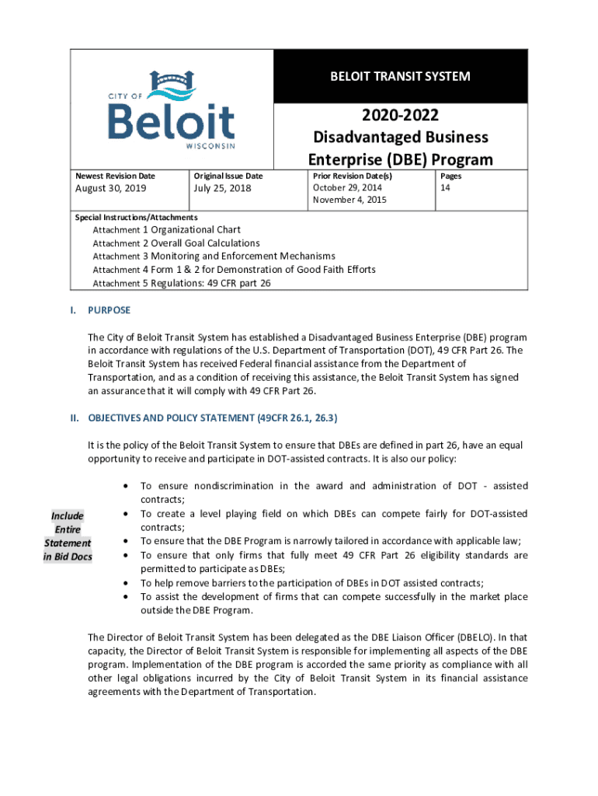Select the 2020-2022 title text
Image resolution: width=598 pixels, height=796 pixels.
point(400,115)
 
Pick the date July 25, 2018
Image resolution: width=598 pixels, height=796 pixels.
point(222,188)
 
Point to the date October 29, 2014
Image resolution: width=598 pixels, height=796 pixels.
point(347,188)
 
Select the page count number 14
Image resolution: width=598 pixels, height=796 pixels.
point(446,188)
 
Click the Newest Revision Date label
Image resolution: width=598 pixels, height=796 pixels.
point(115,176)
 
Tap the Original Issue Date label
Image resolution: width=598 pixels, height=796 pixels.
point(228,176)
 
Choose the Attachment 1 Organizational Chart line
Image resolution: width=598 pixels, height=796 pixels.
point(166,230)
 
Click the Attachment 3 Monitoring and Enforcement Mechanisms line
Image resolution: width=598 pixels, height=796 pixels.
point(214,257)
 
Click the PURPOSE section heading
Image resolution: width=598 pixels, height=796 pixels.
point(110,310)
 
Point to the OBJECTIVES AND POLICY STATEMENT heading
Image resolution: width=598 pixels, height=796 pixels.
point(212,418)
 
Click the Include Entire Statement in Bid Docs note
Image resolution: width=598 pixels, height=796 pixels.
point(68,536)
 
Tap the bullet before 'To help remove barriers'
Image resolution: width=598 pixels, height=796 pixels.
point(126,583)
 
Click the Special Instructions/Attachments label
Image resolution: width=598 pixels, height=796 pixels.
point(136,218)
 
